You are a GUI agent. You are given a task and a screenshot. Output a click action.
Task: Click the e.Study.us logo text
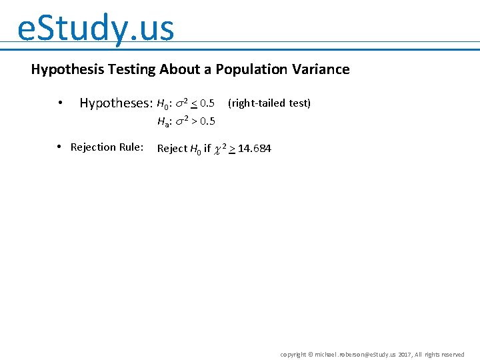[x=95, y=28]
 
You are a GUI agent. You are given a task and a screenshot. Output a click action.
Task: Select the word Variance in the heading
[x=319, y=69]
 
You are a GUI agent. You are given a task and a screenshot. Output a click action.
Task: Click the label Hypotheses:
[x=116, y=103]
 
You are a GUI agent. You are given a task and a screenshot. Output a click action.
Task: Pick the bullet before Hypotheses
[x=60, y=104]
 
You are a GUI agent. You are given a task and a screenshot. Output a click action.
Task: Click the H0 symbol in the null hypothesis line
[x=163, y=104]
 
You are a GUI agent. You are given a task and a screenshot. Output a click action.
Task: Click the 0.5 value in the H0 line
[x=207, y=103]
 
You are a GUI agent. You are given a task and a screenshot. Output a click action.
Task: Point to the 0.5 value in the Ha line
[x=207, y=121]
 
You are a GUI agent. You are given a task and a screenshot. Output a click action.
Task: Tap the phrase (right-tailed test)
[x=269, y=103]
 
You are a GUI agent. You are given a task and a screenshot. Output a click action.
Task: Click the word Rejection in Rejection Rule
[x=91, y=147]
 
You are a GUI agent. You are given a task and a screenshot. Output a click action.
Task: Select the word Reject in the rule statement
[x=172, y=148]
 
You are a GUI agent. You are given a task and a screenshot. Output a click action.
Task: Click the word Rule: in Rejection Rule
[x=130, y=147]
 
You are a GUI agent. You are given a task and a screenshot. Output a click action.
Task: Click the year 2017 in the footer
[x=405, y=355]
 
